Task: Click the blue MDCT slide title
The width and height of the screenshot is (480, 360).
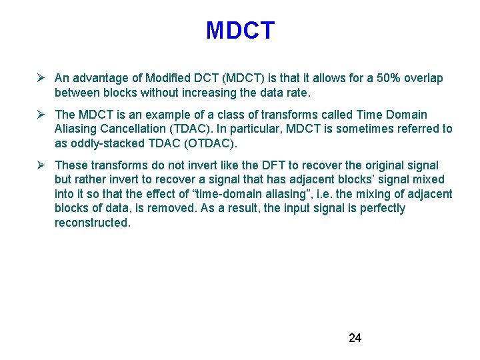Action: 240,31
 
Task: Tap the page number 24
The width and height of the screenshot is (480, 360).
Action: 355,338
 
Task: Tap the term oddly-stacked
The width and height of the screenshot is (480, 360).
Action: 101,143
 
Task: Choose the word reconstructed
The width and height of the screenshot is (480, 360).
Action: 93,223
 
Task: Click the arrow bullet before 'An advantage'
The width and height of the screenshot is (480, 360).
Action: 41,79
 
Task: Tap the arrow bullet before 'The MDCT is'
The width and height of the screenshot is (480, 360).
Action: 41,115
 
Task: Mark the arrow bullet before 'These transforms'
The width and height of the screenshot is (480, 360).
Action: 41,165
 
